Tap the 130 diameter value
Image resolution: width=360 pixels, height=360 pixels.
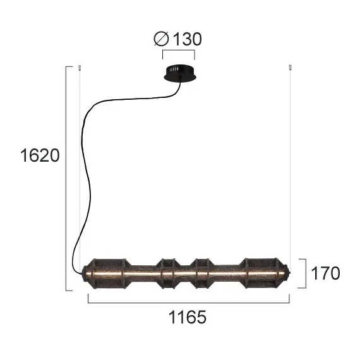[186, 39]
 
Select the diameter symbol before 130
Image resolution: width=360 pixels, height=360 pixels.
[160, 39]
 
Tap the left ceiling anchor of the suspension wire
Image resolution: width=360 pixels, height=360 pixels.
[80, 67]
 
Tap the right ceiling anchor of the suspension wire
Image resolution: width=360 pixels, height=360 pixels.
[289, 67]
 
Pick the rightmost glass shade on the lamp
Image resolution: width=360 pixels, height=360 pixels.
[263, 273]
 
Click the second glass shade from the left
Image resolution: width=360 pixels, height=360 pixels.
[168, 273]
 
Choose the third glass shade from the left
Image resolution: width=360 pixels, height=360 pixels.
[202, 273]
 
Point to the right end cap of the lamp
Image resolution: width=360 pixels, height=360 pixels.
[289, 273]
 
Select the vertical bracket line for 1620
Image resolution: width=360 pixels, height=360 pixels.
[66, 177]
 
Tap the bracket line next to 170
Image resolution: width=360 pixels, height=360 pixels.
[306, 273]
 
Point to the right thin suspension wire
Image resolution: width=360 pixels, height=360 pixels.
[289, 164]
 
